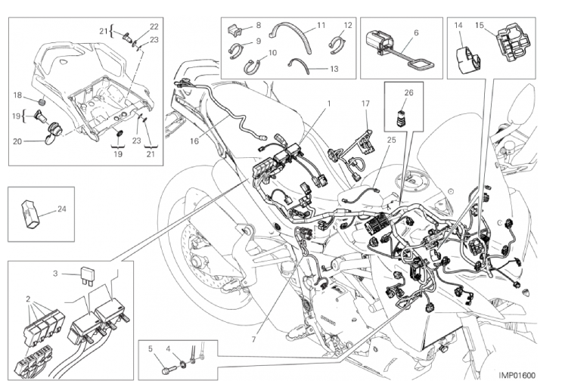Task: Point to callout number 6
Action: (416, 33)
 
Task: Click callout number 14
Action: (458, 26)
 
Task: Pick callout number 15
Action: (480, 26)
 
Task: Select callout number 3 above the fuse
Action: (55, 272)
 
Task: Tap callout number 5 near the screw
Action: (151, 348)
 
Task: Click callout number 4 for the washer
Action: (170, 348)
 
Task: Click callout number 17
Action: (365, 104)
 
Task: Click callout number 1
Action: (329, 101)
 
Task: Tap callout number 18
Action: (17, 94)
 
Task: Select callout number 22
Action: (154, 26)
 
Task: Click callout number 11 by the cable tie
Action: (321, 26)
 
